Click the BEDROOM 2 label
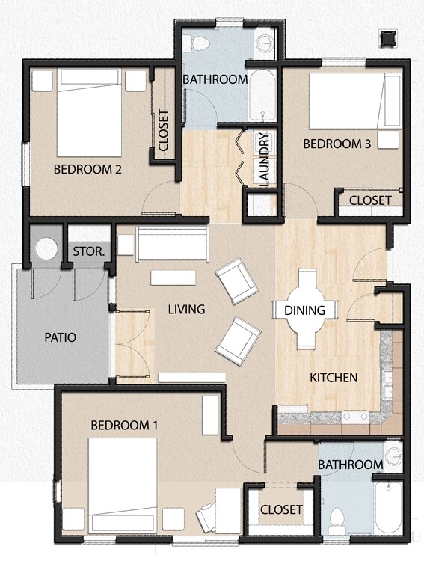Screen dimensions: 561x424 [87, 170]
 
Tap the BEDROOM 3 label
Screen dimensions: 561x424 [337, 144]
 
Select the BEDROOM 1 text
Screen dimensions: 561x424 [124, 425]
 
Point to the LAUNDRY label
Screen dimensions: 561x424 [264, 158]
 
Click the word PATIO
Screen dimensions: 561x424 [61, 337]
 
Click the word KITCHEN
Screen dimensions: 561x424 [334, 377]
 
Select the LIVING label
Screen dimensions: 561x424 [186, 309]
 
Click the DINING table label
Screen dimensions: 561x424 [304, 310]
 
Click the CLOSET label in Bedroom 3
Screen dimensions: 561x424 [370, 200]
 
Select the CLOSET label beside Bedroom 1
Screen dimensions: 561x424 [281, 509]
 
